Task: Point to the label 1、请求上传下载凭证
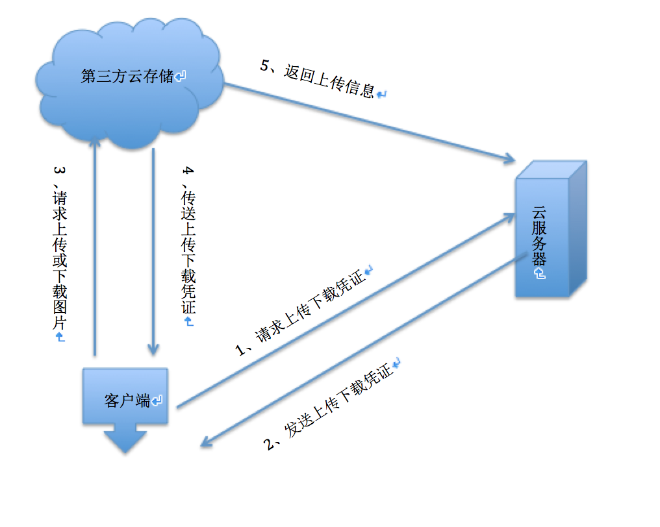pyautogui.click(x=303, y=312)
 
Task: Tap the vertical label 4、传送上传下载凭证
pyautogui.click(x=188, y=243)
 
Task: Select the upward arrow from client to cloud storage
pyautogui.click(x=95, y=247)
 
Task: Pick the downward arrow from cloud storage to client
pyautogui.click(x=153, y=253)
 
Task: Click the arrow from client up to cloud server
pyautogui.click(x=344, y=312)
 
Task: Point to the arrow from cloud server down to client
pyautogui.click(x=364, y=350)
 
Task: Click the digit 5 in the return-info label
pyautogui.click(x=264, y=66)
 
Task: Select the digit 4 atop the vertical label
pyautogui.click(x=188, y=171)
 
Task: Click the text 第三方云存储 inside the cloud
pyautogui.click(x=127, y=76)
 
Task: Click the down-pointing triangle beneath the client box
pyautogui.click(x=125, y=440)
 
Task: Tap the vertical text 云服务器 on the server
pyautogui.click(x=539, y=237)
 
